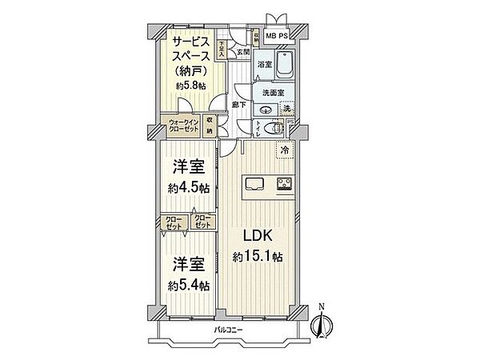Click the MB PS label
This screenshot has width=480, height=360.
(277, 36)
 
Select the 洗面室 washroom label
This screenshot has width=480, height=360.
(268, 93)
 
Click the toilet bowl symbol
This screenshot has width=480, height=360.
(274, 128)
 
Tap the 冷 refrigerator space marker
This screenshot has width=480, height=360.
(284, 148)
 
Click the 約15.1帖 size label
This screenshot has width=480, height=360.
(259, 257)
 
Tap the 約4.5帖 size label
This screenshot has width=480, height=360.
(189, 190)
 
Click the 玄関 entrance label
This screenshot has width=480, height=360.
(243, 52)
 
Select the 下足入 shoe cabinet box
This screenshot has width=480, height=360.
(221, 50)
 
